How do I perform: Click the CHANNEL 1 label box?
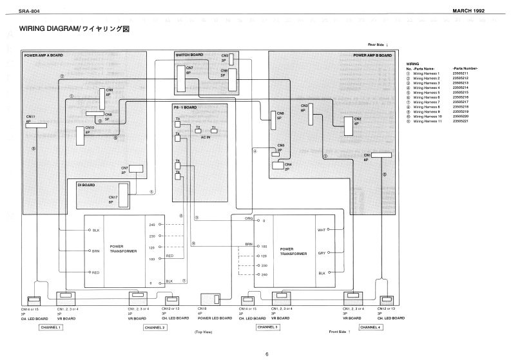tap(51, 327)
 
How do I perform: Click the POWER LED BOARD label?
tap(215, 318)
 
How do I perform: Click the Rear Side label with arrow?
tap(381, 44)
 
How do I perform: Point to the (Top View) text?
tap(203, 332)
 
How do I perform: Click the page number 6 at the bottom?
tap(267, 353)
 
